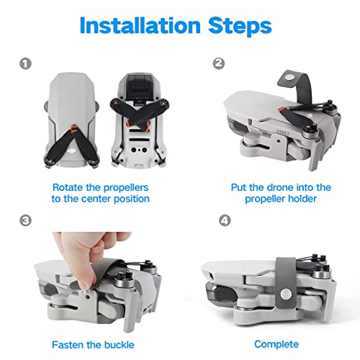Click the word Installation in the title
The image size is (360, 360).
[140, 25]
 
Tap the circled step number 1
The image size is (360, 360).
[25, 64]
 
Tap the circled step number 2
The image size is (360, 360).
[219, 63]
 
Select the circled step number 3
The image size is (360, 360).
[25, 220]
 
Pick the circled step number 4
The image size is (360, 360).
[225, 220]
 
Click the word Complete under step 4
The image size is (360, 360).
[276, 344]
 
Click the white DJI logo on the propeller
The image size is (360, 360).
[71, 150]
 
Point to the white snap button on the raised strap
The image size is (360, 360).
[289, 78]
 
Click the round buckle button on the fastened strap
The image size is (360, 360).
[286, 293]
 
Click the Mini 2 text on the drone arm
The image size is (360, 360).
[283, 132]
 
